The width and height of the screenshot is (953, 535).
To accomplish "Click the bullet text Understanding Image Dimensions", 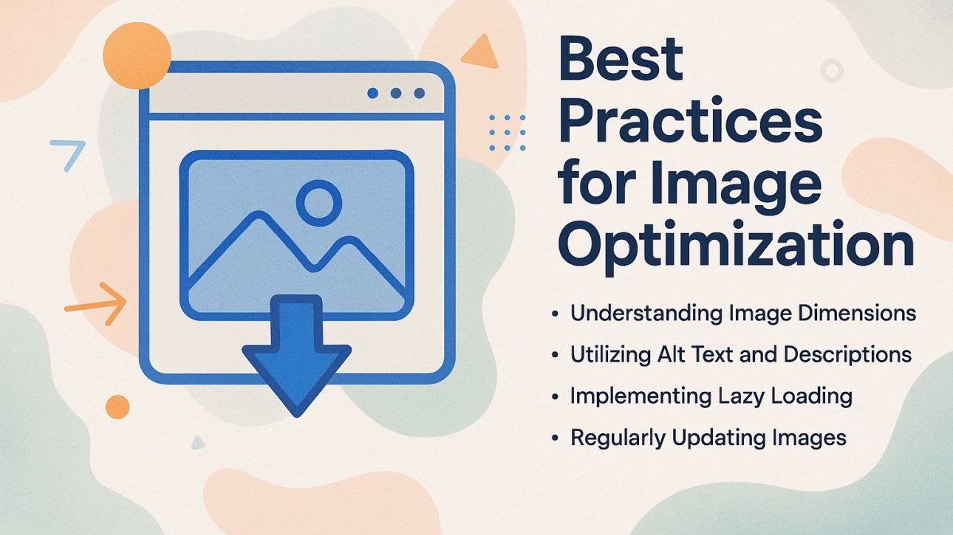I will click(742, 313).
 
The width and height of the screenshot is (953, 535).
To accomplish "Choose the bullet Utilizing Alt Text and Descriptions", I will click(740, 354).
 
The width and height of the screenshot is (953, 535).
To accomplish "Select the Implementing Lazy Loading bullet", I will click(711, 396).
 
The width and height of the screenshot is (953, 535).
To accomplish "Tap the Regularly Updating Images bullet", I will click(708, 438).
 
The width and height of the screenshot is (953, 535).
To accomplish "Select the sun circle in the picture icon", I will click(318, 201).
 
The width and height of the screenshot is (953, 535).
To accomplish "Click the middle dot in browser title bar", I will click(396, 94).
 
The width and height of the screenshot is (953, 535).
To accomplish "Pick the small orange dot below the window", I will click(117, 407).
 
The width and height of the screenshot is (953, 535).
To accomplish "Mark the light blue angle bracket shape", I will click(69, 153).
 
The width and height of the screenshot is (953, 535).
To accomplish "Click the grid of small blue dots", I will click(508, 132).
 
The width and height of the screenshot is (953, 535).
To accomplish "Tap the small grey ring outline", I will click(832, 71).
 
